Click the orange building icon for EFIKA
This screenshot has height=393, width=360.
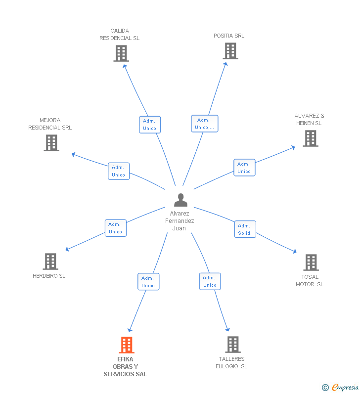[127, 345]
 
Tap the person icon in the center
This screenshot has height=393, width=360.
[180, 200]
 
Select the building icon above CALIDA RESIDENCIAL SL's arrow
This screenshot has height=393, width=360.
[121, 53]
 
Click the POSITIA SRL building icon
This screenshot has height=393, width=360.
[230, 51]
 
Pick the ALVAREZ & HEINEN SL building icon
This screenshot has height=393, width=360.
[311, 138]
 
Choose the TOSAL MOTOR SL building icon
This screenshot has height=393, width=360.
[311, 262]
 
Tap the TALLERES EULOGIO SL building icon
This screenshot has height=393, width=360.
[232, 345]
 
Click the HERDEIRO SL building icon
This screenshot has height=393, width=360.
[50, 262]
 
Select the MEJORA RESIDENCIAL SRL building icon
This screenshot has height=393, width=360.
[51, 143]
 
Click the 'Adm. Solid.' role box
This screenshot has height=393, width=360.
[245, 229]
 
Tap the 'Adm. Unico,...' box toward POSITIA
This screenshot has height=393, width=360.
[204, 124]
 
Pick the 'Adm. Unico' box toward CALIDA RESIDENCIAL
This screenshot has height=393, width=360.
[149, 125]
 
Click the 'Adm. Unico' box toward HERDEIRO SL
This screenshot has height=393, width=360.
[115, 228]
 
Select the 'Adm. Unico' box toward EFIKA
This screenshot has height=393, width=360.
[148, 282]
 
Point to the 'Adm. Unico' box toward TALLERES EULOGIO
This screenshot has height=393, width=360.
[210, 281]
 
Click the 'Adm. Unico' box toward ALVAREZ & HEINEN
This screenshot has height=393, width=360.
[244, 168]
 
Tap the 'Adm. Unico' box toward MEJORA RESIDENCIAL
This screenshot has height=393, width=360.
[118, 171]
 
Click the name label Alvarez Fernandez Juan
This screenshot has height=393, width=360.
[180, 221]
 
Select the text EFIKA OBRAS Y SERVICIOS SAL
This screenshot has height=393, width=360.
[125, 367]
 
